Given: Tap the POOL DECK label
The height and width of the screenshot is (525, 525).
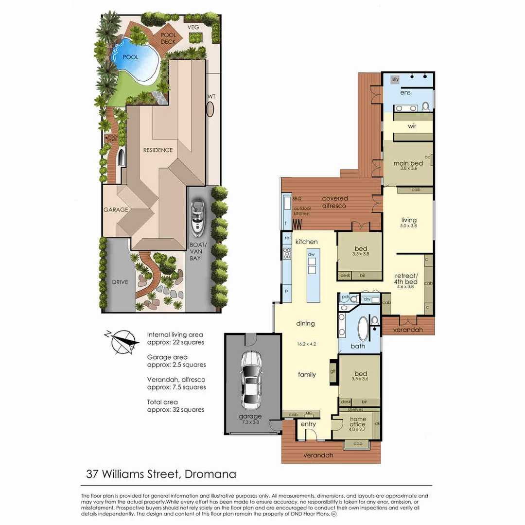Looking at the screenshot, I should click(x=168, y=38).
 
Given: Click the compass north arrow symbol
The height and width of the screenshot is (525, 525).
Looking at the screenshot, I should click(x=122, y=339).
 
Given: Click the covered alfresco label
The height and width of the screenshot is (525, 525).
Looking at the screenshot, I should click(x=334, y=202).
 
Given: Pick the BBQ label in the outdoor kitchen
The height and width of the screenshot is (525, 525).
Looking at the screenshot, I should click(x=297, y=198).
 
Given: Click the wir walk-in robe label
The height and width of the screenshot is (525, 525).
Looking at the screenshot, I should click(x=412, y=126).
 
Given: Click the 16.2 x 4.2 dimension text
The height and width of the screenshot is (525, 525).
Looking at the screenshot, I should click(x=306, y=344).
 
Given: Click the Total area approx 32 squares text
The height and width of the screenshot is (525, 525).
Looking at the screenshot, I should click(x=175, y=406).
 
